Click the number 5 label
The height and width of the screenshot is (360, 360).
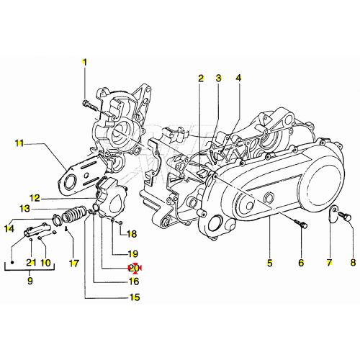click(269, 263)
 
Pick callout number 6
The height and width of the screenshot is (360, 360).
click(301, 263)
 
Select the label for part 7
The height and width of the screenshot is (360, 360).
click(328, 263)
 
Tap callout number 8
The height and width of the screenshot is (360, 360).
click(353, 263)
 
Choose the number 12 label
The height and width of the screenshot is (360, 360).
click(35, 197)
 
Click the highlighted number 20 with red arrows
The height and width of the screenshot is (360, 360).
click(133, 268)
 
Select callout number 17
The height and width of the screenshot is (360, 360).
click(73, 262)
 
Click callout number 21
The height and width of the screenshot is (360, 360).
click(30, 262)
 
